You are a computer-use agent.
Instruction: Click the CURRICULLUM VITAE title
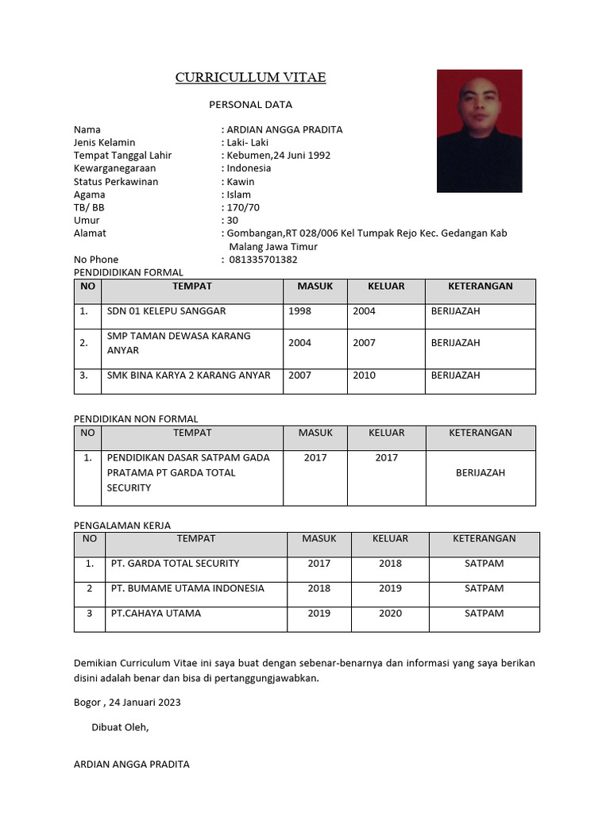pyautogui.click(x=250, y=77)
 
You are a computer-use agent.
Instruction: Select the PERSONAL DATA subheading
pyautogui.click(x=250, y=104)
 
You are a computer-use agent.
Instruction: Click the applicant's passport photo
pyautogui.click(x=479, y=131)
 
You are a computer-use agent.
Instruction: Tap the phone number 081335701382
pyautogui.click(x=263, y=260)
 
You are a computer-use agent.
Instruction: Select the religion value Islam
pyautogui.click(x=238, y=195)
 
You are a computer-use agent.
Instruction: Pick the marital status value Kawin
pyautogui.click(x=240, y=182)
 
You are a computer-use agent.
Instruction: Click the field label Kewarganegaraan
pyautogui.click(x=114, y=168)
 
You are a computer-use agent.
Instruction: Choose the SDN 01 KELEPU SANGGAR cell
pyautogui.click(x=167, y=311)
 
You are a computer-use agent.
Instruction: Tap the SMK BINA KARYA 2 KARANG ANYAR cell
pyautogui.click(x=189, y=376)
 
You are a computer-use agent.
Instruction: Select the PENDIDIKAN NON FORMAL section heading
pyautogui.click(x=136, y=418)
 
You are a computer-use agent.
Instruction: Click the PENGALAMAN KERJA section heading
pyautogui.click(x=122, y=525)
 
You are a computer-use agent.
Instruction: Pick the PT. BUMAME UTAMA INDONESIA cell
pyautogui.click(x=187, y=588)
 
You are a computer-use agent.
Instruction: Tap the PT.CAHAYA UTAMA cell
pyautogui.click(x=156, y=613)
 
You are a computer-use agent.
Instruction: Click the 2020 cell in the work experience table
pyautogui.click(x=390, y=613)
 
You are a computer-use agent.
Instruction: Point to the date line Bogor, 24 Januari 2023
pyautogui.click(x=127, y=702)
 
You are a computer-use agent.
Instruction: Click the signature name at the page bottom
pyautogui.click(x=131, y=764)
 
